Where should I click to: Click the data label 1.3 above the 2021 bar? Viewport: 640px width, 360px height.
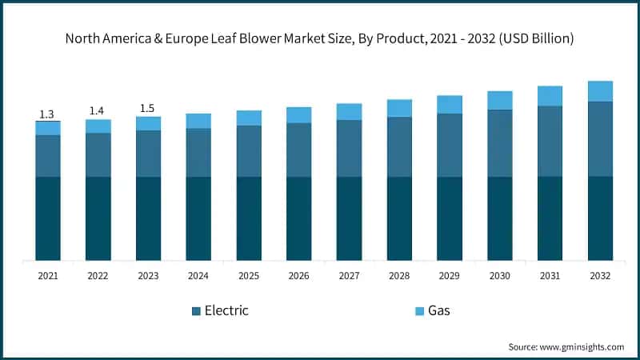pos(47,113)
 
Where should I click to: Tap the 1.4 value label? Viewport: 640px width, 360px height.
pos(98,110)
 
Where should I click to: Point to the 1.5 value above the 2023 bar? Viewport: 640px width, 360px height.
pos(148,107)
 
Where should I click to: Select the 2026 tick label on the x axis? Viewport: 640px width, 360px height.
pos(298,276)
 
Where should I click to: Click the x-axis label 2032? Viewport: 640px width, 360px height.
pos(600,276)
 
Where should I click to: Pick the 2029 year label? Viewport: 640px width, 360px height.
pos(450,276)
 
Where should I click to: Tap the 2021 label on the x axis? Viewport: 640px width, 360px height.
pos(47,276)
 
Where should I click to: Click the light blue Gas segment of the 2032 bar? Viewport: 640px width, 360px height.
pos(600,91)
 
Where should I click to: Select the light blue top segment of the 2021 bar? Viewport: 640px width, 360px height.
pos(47,128)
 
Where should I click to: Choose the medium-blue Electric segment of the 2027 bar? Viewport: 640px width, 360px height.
pos(349,148)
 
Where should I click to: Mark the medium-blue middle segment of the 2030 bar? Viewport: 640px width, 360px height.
pos(500,142)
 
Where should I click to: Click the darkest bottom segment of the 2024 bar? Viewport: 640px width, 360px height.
pos(198,218)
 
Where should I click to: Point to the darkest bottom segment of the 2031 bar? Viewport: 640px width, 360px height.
pos(550,218)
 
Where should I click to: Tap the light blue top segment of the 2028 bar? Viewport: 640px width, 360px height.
pos(399,108)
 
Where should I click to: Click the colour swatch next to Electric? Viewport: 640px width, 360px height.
pos(196,310)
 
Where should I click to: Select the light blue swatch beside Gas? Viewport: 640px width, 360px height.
pos(419,310)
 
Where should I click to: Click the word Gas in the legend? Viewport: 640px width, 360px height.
pos(439,310)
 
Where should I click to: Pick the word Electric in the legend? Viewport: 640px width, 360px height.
pos(226,310)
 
